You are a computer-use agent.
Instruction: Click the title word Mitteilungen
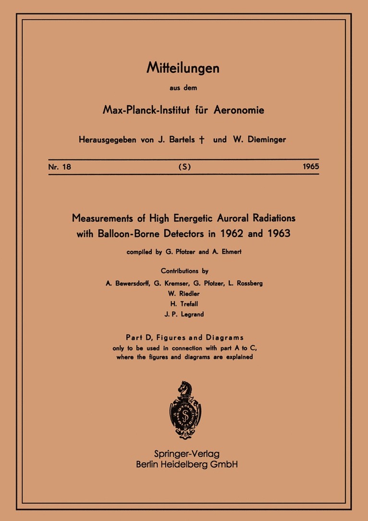coord(183,69)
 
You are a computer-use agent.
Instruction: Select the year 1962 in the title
coord(237,235)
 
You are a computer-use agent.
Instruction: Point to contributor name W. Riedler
coord(184,293)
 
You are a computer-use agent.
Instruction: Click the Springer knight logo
coord(184,409)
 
